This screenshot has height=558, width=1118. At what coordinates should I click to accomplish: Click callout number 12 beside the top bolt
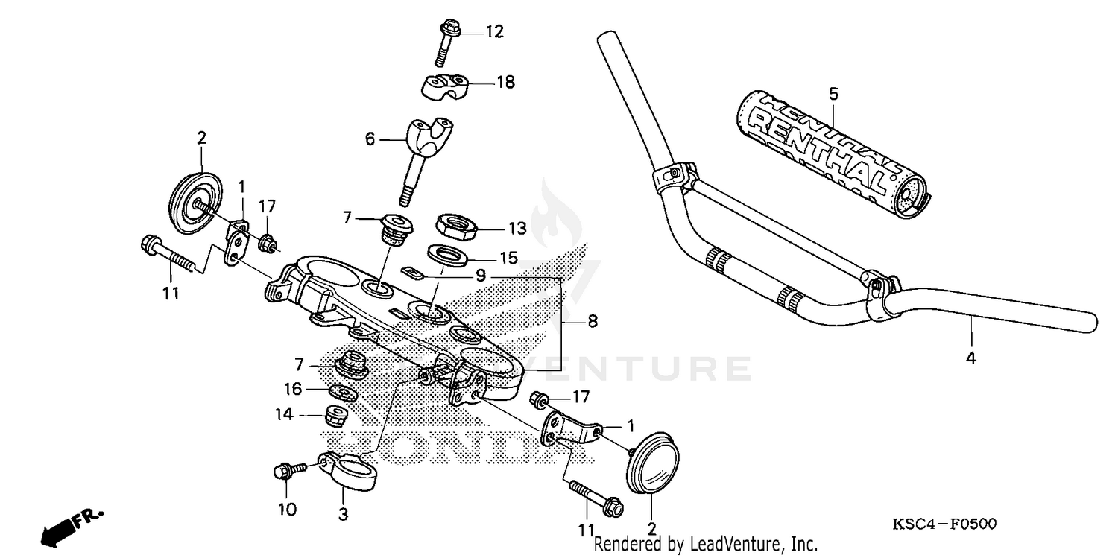(495, 32)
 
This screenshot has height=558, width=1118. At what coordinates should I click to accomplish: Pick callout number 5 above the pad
(833, 94)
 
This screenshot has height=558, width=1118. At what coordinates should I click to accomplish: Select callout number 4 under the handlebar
(970, 358)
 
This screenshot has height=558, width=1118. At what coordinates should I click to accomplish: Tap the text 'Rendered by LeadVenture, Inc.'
(706, 545)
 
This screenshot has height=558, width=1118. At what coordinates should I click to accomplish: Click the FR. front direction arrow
(72, 523)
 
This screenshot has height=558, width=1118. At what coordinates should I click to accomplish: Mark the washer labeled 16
(342, 391)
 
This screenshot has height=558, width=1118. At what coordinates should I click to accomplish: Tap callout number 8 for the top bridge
(592, 323)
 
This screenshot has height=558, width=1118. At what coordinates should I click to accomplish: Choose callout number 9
(481, 276)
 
